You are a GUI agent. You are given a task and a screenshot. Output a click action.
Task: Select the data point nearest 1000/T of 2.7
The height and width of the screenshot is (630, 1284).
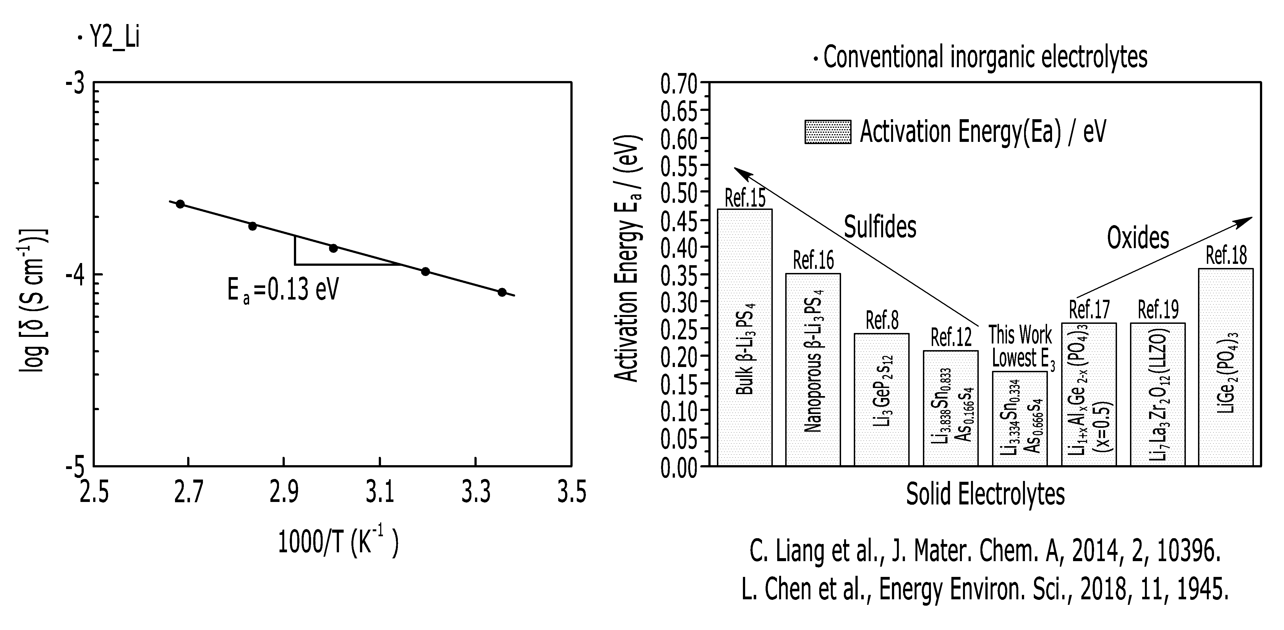point(181,204)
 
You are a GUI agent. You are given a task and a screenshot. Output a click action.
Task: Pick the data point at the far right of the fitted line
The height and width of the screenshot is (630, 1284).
point(502,292)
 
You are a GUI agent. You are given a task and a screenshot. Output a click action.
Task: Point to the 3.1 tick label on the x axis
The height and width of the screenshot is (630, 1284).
point(379,493)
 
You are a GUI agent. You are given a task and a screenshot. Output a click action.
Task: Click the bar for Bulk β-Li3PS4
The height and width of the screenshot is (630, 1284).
point(745,337)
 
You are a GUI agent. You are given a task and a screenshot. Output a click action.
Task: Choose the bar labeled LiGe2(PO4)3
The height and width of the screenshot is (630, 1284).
point(1226,367)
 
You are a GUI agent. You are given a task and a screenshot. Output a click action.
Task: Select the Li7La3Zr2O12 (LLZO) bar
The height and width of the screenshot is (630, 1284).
point(1157,395)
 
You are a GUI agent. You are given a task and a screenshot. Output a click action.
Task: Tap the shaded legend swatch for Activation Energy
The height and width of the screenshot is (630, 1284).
point(828,132)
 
